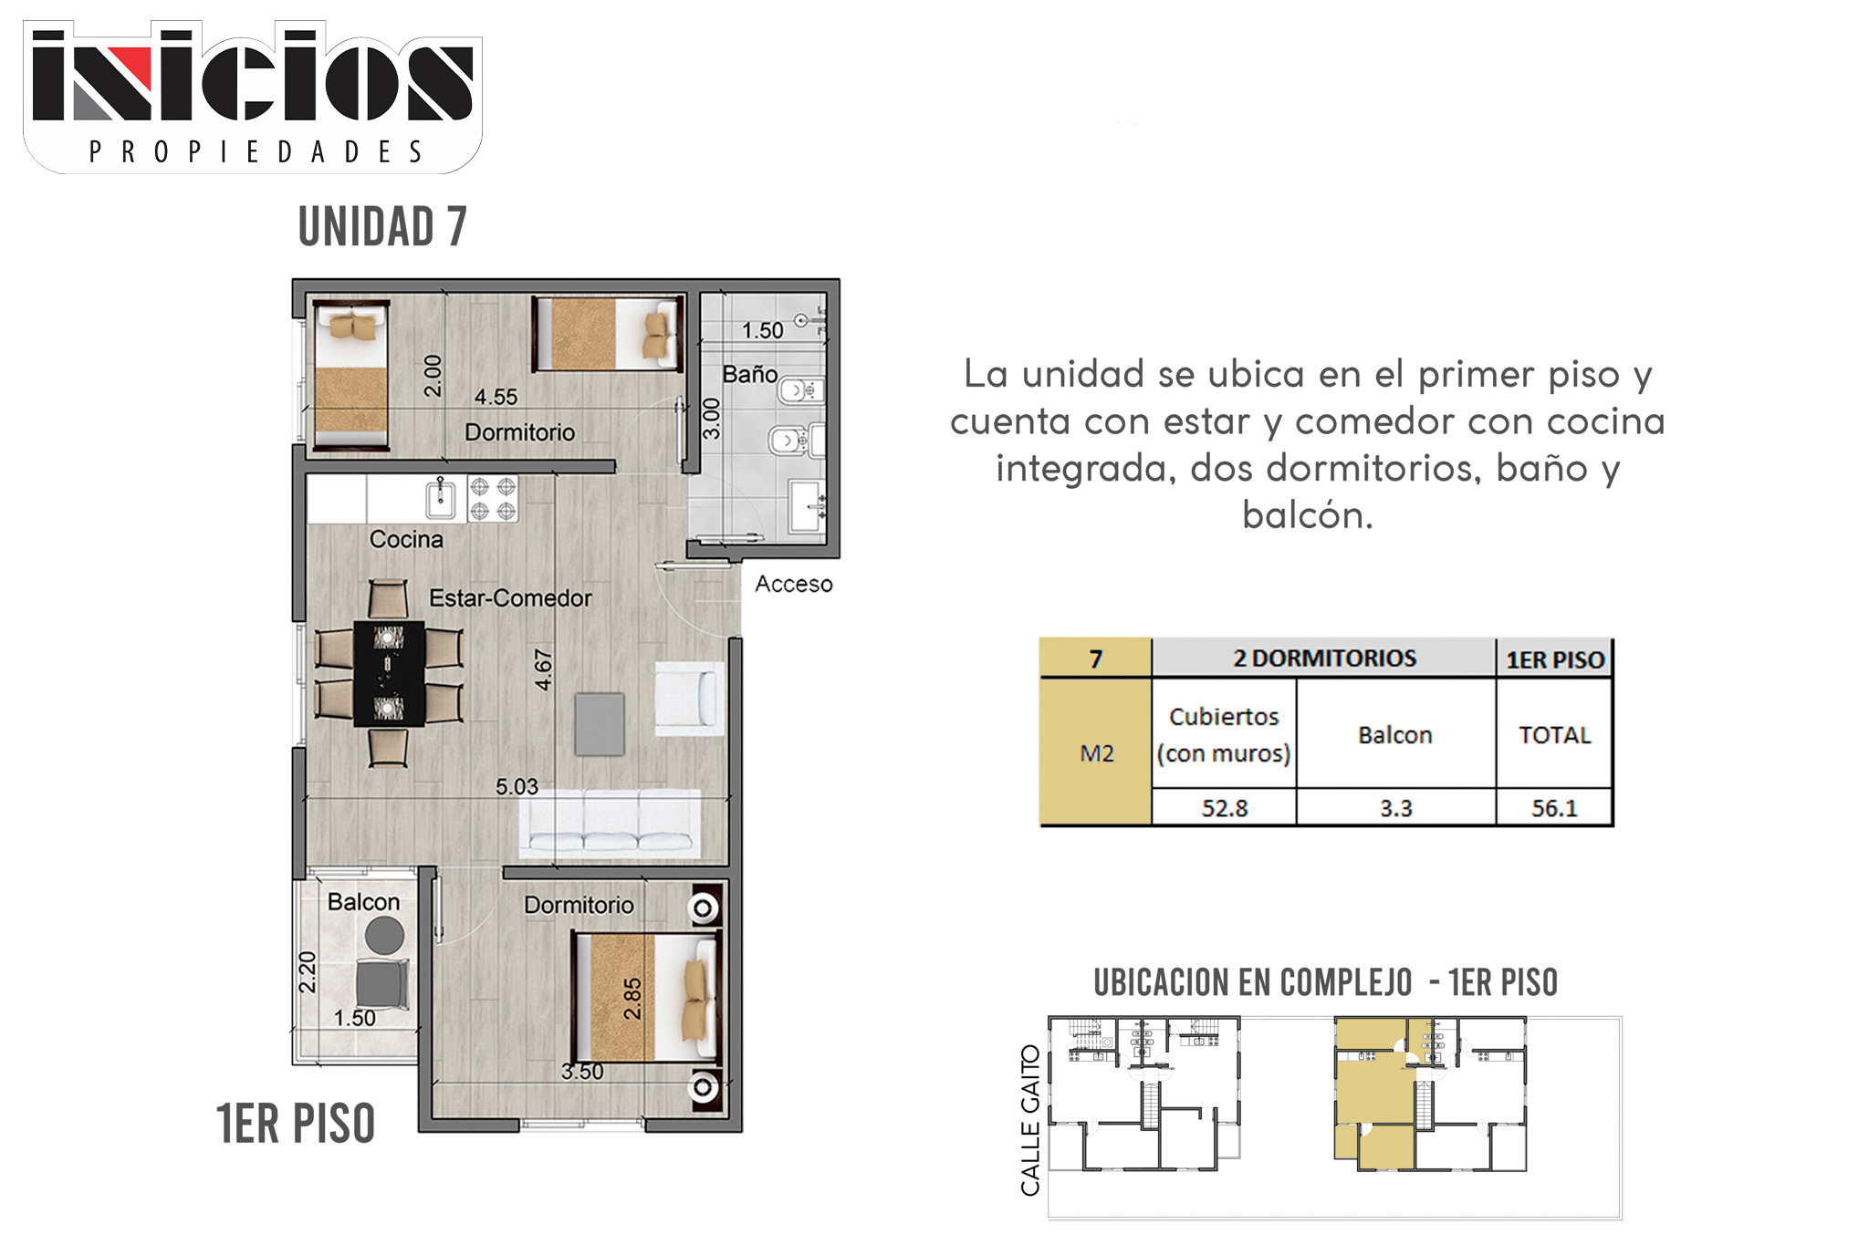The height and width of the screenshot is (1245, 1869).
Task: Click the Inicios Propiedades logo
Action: click(253, 98)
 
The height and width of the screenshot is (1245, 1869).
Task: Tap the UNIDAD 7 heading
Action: click(382, 226)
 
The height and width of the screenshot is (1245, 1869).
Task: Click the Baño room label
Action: click(750, 374)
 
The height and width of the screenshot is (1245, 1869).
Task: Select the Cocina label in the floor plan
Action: click(406, 539)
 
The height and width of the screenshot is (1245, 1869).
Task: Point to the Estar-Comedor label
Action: click(510, 598)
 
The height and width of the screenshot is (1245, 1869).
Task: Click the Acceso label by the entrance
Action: click(793, 584)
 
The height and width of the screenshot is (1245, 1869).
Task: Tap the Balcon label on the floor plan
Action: click(363, 902)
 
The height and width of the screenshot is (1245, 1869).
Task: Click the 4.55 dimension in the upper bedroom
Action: click(496, 397)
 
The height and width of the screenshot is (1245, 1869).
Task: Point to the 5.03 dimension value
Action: click(517, 786)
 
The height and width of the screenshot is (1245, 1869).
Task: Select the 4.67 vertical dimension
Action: click(543, 669)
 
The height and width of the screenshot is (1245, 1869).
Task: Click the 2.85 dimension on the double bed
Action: click(632, 999)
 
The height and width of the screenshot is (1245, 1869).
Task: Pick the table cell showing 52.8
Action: click(1224, 808)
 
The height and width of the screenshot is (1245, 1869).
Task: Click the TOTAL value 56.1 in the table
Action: click(1554, 808)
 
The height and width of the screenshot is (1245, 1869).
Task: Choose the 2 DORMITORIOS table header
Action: click(1324, 659)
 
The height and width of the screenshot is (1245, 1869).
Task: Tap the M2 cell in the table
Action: click(1096, 752)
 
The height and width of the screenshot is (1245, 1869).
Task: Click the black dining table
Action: click(390, 673)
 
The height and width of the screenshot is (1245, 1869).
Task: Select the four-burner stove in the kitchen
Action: click(493, 499)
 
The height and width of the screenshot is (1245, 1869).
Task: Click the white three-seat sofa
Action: click(610, 824)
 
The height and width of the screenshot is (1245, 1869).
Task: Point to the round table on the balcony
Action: click(384, 936)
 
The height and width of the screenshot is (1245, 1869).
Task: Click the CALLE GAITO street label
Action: click(1030, 1120)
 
